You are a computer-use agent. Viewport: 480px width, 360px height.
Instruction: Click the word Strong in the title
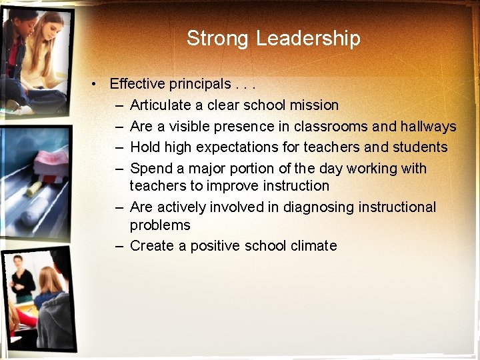tap(219, 38)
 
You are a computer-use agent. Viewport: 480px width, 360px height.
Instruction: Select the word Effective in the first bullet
tap(137, 84)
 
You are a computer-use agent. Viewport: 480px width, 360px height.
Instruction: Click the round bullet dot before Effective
tap(97, 84)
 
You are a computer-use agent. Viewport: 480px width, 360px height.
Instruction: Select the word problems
tap(160, 225)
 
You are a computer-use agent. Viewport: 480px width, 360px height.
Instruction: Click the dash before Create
tap(119, 246)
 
